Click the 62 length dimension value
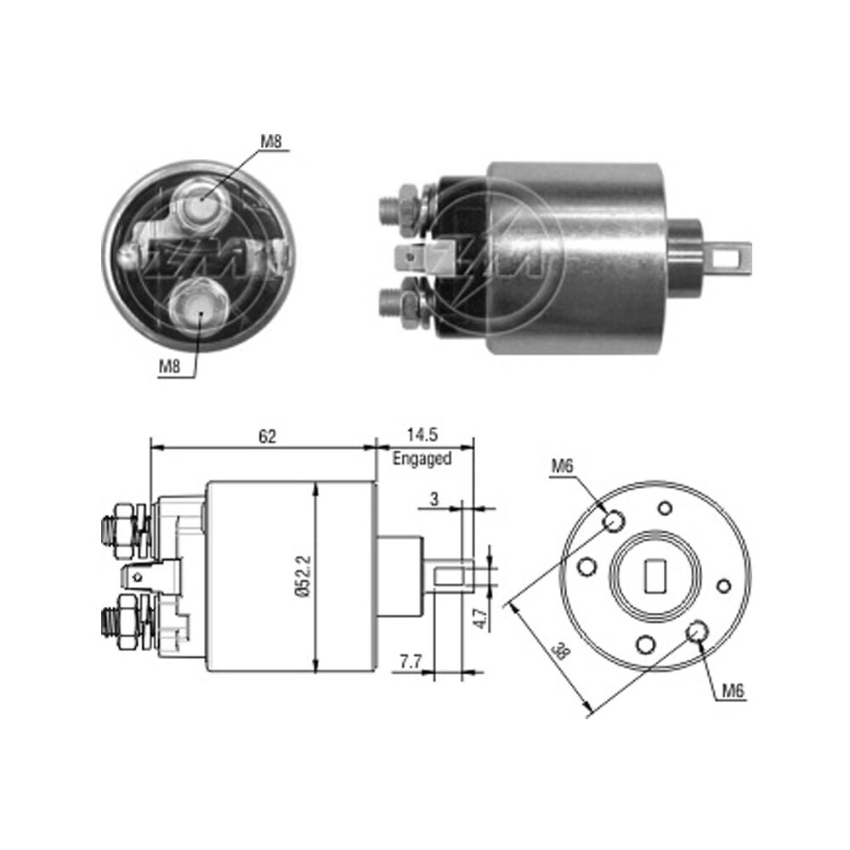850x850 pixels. (x=267, y=436)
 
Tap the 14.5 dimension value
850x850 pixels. (x=422, y=434)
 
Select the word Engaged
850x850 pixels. (x=422, y=459)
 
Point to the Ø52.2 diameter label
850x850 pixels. (x=304, y=576)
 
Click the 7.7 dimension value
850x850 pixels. (x=411, y=661)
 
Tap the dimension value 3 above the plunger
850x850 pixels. (x=434, y=499)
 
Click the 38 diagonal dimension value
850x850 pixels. (x=562, y=651)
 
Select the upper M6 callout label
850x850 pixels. (x=562, y=466)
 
